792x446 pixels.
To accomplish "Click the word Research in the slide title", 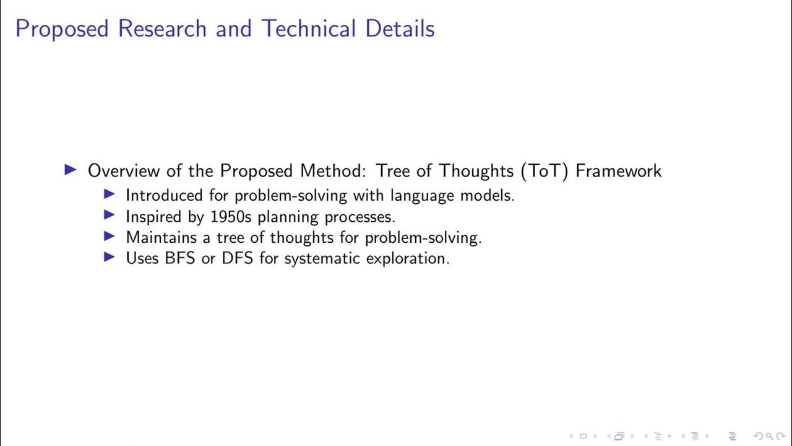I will [161, 29].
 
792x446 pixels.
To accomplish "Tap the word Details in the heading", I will [400, 29].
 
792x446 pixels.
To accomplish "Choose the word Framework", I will [618, 170].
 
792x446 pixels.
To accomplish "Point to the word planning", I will [286, 217].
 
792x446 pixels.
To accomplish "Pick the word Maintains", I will [159, 237].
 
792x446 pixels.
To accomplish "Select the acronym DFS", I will [237, 258].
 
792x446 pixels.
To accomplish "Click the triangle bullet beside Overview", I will [71, 170].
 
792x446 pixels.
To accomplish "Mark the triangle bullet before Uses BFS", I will [110, 257].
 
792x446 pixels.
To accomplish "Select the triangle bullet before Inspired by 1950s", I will [110, 216].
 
